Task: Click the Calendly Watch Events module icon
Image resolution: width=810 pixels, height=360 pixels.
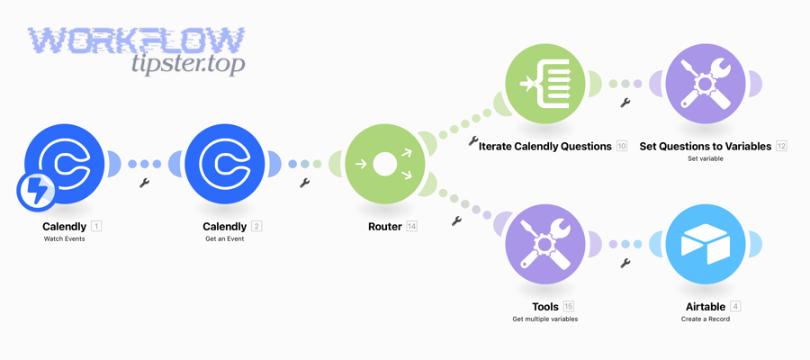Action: (65, 164)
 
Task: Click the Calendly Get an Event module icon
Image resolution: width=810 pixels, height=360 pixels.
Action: (225, 164)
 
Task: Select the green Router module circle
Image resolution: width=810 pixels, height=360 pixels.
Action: (385, 164)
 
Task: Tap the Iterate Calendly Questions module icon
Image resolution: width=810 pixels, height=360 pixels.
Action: (545, 84)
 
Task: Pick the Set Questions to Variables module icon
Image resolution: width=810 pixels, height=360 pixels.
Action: (706, 84)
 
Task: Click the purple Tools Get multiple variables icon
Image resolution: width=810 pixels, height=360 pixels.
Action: (545, 244)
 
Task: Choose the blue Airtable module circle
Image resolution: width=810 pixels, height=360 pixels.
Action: (706, 244)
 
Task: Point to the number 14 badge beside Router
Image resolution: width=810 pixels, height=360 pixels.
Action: (411, 227)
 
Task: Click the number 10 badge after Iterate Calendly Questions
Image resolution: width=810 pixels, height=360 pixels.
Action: (621, 146)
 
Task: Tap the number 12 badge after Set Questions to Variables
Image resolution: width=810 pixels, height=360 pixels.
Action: (781, 146)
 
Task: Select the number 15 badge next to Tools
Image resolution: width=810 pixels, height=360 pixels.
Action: (568, 307)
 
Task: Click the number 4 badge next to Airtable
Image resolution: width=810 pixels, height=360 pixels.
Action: (735, 307)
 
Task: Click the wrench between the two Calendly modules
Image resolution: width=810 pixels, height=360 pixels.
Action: (144, 183)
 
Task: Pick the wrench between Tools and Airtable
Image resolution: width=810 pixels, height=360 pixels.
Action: (625, 263)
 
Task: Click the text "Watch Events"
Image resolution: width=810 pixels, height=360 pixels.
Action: (65, 239)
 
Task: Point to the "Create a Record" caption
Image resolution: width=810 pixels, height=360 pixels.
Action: (706, 319)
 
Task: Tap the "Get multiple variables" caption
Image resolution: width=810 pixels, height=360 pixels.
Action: (545, 319)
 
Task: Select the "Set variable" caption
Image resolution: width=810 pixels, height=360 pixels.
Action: (706, 158)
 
